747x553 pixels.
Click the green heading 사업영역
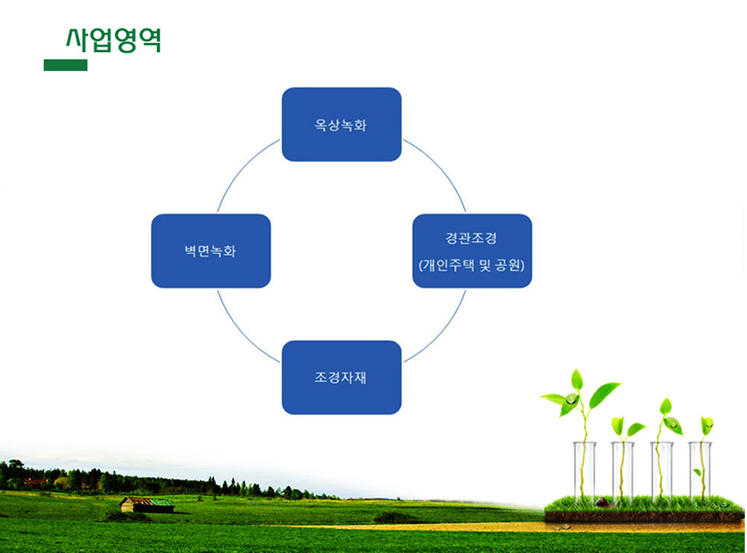[113, 40]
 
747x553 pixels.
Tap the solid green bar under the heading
[66, 65]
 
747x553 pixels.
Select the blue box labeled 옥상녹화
[342, 124]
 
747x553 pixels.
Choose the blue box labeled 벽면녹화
[211, 251]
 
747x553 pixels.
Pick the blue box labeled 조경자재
[342, 377]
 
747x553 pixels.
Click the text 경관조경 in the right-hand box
[471, 237]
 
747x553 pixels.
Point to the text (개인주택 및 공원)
[471, 265]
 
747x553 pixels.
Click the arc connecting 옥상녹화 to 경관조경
[441, 169]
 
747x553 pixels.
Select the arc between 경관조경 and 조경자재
[441, 332]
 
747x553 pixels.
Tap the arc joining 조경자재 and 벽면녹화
[243, 332]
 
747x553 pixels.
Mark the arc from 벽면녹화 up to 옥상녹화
[243, 170]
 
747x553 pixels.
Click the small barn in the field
[147, 505]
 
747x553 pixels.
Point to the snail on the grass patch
[603, 502]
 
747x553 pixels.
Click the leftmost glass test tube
[584, 471]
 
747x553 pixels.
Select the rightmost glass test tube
[700, 471]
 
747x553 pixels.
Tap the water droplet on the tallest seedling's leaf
[570, 399]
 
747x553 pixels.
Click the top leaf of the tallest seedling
[577, 380]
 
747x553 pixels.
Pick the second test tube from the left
[623, 471]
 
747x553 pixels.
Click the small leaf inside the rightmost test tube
[697, 472]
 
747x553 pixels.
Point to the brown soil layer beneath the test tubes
[644, 517]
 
